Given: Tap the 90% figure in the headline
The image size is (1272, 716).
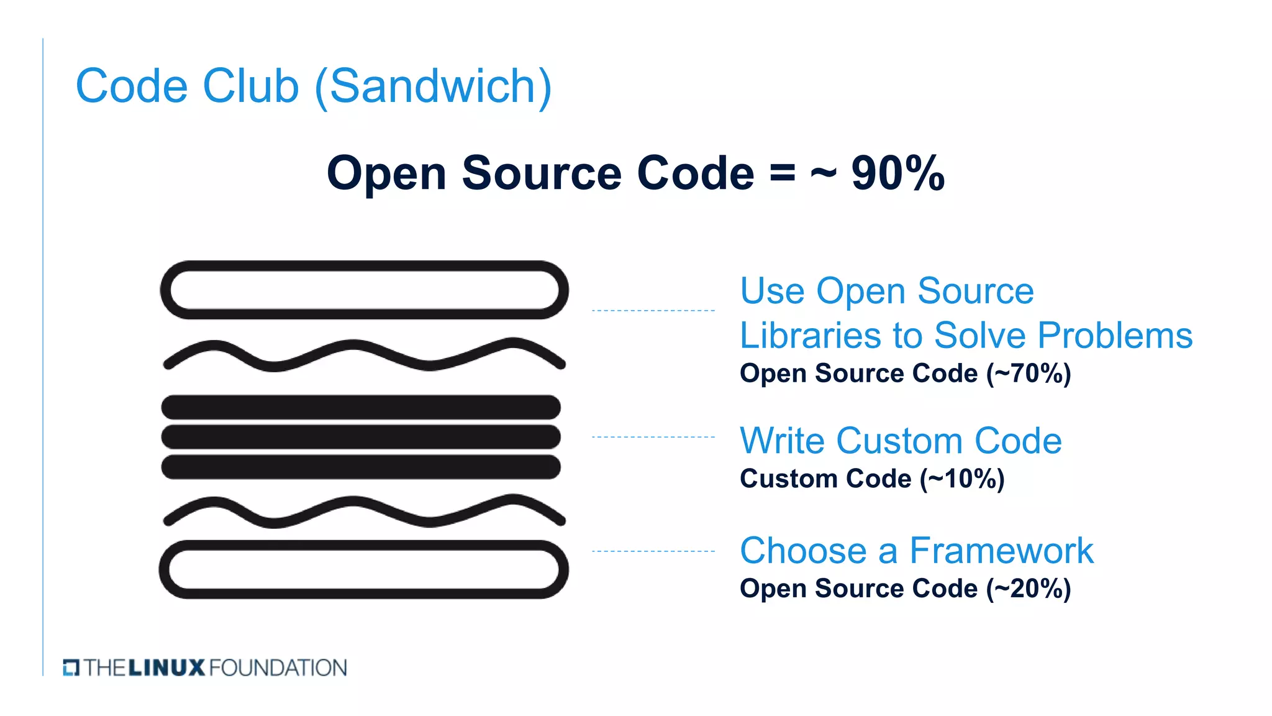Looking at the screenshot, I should (x=897, y=173).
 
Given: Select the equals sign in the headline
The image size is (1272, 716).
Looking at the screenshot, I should (x=782, y=173).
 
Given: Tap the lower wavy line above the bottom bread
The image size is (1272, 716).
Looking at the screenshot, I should (x=364, y=511).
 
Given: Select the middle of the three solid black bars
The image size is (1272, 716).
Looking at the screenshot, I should (x=361, y=437).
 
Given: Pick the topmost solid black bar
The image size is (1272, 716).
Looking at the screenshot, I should (x=361, y=407).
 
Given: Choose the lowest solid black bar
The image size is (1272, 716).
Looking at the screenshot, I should (x=361, y=467).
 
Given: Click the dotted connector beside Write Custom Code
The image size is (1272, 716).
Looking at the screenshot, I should (x=653, y=437).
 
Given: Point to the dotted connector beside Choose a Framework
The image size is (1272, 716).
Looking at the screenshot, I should (x=653, y=551).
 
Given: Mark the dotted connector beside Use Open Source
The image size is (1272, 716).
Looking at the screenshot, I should (x=653, y=310).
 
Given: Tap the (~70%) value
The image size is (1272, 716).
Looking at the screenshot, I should (x=1029, y=374).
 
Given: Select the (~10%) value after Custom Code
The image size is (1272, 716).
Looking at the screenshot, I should (x=962, y=479).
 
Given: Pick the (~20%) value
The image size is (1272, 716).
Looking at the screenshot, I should (x=1029, y=589).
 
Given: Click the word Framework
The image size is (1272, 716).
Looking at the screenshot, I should (x=1001, y=551).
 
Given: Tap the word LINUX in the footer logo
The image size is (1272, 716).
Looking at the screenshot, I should (x=166, y=668).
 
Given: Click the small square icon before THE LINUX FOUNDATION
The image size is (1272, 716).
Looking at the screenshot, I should (x=71, y=668).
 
